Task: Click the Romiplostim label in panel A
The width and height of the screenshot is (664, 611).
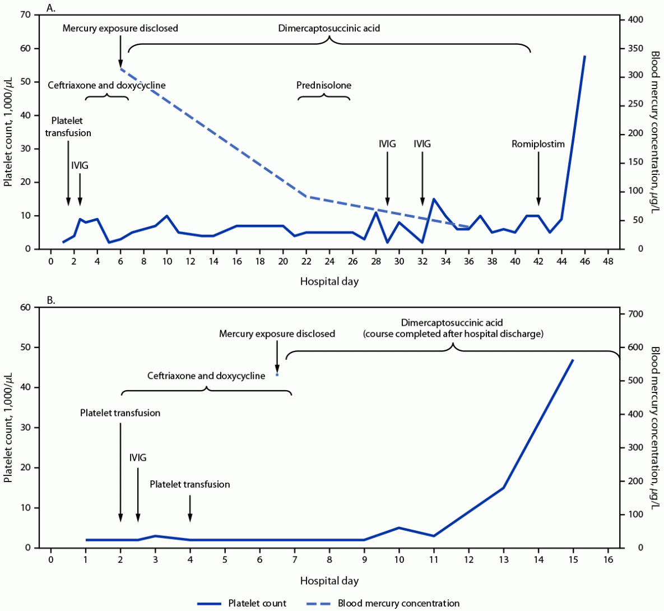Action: [x=538, y=144]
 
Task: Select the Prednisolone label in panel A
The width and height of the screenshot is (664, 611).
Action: [x=324, y=86]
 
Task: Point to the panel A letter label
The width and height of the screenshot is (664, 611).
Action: [x=51, y=8]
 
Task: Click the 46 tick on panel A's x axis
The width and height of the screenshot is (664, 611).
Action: [x=585, y=261]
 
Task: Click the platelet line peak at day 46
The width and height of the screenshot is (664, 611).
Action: [x=585, y=57]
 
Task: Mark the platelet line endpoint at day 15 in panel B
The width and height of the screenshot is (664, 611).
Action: [x=573, y=360]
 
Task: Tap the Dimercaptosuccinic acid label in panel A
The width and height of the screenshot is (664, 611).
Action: [x=329, y=28]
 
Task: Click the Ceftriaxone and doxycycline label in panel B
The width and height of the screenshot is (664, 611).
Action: [x=206, y=376]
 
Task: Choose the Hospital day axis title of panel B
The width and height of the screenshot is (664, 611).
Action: [x=329, y=581]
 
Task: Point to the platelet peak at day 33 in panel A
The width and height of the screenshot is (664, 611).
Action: [x=434, y=199]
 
